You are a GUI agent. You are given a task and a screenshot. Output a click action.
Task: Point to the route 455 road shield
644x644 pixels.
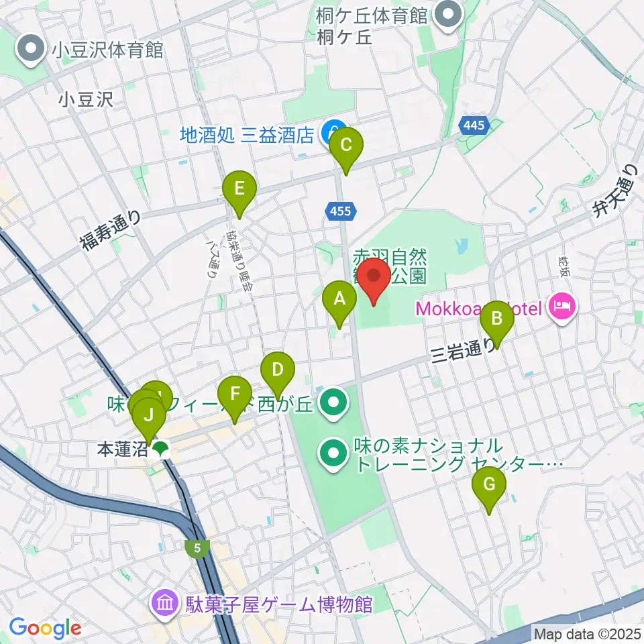point(340,211)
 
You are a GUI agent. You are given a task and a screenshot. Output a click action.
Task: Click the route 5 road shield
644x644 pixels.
point(197,548)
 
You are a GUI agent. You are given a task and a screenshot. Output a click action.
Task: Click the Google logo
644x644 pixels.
point(45,628)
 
